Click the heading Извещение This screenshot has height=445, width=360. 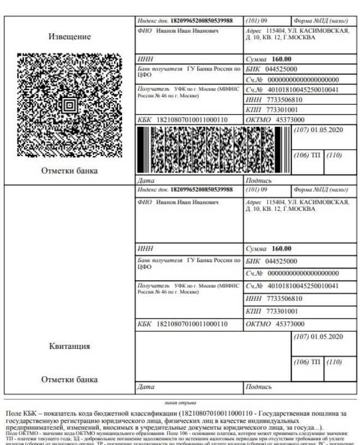coord(70,37)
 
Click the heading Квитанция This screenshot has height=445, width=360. coord(70,346)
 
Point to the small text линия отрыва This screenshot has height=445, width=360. coord(180,402)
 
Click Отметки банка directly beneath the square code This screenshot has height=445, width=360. coord(70,171)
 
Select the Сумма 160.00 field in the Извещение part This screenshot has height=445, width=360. coord(269,60)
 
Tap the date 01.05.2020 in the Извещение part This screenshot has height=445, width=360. coord(326,130)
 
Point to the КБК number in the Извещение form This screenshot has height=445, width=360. coord(192,119)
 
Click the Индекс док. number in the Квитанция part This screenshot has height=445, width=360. coord(202,189)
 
